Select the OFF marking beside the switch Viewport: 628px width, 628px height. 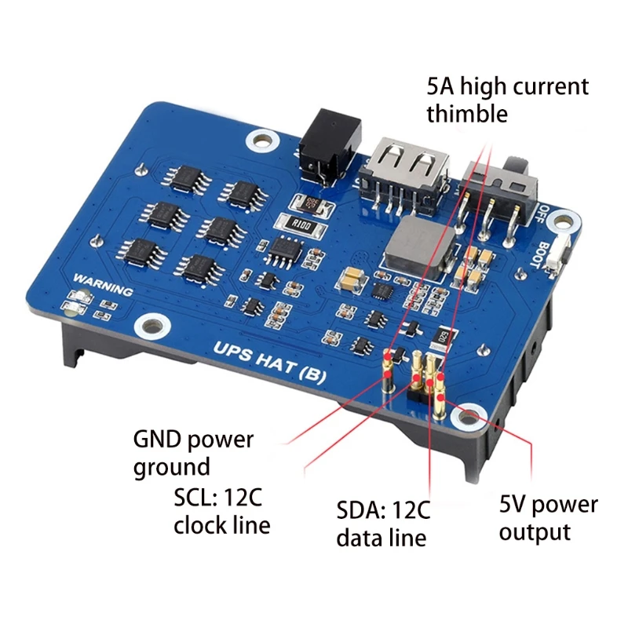pyautogui.click(x=547, y=214)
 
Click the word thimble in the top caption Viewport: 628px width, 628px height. pyautogui.click(x=467, y=114)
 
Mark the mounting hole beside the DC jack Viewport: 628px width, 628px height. pyautogui.click(x=257, y=140)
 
